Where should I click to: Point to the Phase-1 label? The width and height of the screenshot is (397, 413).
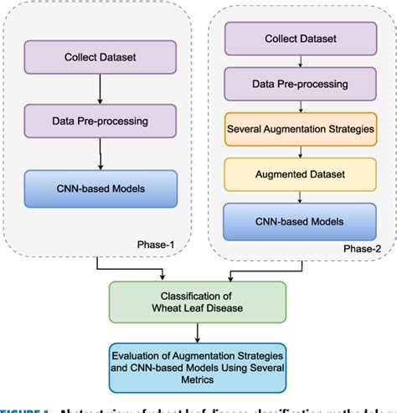click(156, 243)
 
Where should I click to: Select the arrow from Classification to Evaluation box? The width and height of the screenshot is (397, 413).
click(198, 333)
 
